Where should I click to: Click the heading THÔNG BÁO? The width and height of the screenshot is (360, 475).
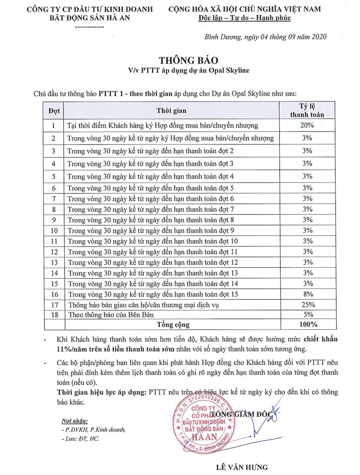189,60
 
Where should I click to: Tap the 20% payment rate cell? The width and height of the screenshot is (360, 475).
307,125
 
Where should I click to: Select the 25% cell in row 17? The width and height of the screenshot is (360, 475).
308,304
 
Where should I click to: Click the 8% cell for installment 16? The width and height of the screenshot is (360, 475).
308,294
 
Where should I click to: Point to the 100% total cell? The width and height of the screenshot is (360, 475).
308,324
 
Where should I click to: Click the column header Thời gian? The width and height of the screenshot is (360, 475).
171,110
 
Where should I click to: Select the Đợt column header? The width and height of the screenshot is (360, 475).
54,110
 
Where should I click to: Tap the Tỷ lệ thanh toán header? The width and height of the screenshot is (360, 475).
307,110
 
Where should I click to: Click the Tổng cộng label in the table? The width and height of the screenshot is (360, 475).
173,324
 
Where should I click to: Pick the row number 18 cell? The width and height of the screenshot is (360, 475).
55,315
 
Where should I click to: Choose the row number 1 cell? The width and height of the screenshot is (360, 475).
54,125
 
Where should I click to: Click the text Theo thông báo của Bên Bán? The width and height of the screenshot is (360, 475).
111,315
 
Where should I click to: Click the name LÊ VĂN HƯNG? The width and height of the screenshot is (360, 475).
242,467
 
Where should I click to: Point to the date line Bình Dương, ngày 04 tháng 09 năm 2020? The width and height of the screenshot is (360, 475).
265,37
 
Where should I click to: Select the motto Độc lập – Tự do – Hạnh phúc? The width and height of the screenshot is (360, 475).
244,18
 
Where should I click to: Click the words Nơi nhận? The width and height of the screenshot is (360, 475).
75,421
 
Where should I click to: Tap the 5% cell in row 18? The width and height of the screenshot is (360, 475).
308,314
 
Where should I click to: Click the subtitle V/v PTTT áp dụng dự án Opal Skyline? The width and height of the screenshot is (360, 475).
189,71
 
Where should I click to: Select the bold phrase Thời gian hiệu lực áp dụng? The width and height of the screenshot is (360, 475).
102,392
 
